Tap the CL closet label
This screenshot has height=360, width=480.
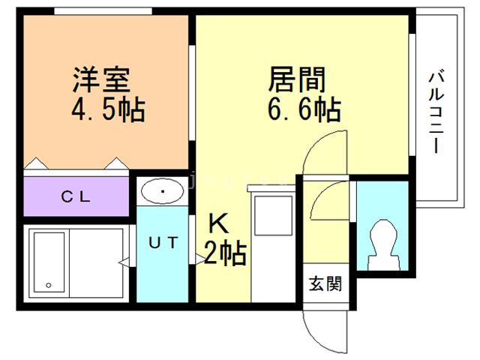tap(76, 198)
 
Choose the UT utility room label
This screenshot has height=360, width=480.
tap(162, 242)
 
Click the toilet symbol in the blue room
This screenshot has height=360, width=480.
tap(382, 241)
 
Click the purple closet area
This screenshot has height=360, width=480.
tap(45, 198)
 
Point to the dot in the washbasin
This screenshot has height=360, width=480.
tap(162, 193)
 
